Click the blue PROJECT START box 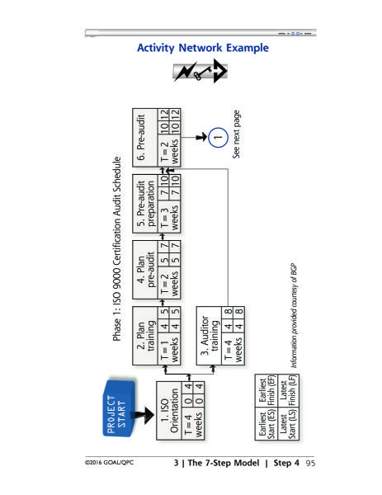119,408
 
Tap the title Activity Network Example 203,48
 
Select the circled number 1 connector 218,137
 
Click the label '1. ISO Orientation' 169,410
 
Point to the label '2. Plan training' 145,336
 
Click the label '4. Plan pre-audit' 145,270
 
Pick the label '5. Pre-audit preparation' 145,204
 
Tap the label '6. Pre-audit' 141,137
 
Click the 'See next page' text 236,134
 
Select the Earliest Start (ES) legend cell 266,423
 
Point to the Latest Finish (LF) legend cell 288,390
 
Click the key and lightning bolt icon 200,71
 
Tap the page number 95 311,463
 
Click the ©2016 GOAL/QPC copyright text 109,463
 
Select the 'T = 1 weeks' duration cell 169,348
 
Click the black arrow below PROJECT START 143,415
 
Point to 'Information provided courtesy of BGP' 294,316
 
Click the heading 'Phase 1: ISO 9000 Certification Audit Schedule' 117,249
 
